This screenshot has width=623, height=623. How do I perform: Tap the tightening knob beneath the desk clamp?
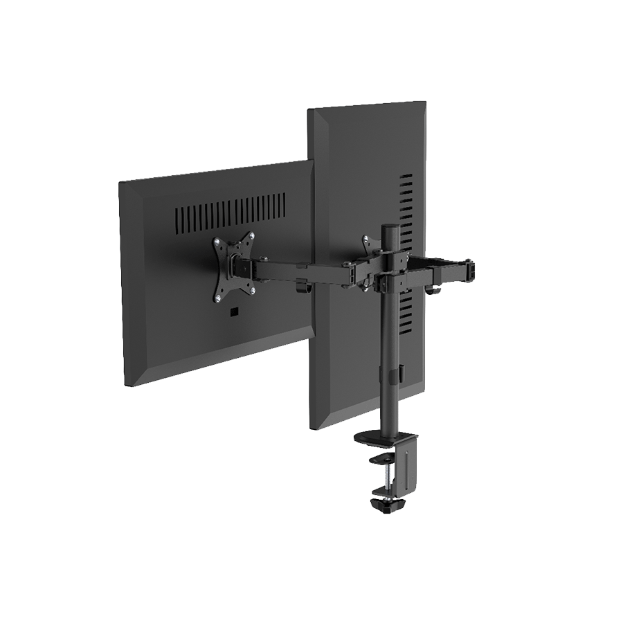point(386,507)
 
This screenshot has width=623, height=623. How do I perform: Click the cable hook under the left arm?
point(299,287)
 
